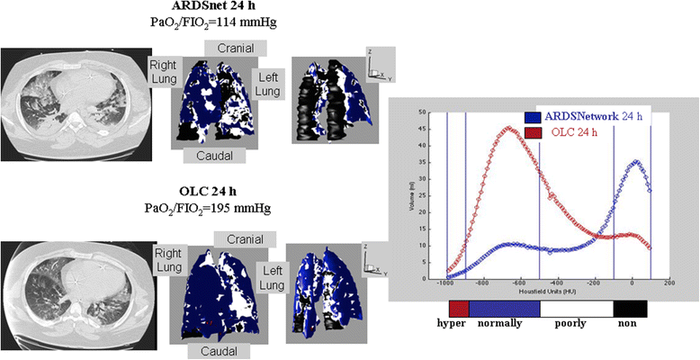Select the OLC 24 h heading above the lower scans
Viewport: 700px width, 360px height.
click(207, 192)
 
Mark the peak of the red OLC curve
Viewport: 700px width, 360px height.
click(508, 128)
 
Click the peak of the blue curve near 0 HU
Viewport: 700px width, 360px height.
click(637, 162)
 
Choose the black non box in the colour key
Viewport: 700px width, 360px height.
click(629, 309)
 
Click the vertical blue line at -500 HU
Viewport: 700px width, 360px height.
click(540, 193)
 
